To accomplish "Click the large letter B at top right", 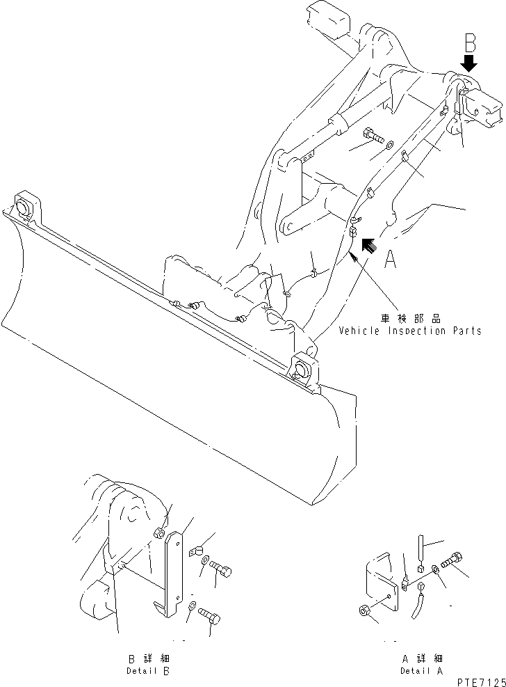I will point(471,43).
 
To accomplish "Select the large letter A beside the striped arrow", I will point(391,260).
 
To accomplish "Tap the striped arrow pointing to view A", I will point(368,244).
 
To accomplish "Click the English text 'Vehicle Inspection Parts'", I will point(410,331).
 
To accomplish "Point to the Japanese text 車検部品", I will point(410,318).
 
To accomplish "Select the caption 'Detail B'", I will point(147,671).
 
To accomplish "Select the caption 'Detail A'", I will point(421,671).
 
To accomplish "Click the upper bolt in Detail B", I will point(220,570).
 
